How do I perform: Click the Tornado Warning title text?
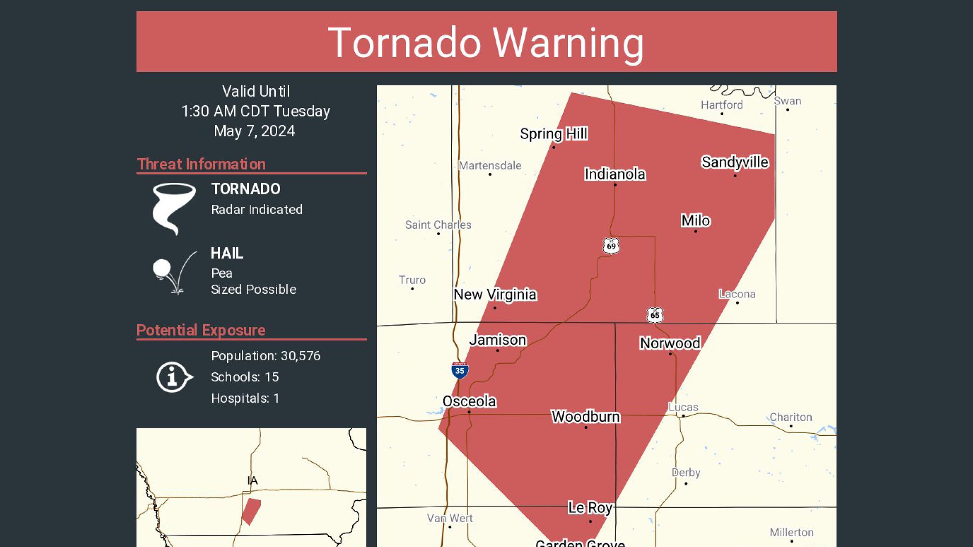(x=486, y=43)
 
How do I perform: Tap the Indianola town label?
(x=615, y=174)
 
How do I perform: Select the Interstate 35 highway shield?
(x=460, y=370)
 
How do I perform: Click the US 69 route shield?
(x=611, y=246)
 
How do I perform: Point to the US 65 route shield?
(x=655, y=315)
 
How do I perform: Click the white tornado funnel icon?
(x=173, y=208)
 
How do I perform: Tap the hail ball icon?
(x=162, y=268)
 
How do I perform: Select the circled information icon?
(x=173, y=377)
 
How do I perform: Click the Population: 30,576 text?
(x=266, y=355)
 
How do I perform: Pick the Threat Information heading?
(x=201, y=164)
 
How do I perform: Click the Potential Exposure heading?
(x=201, y=330)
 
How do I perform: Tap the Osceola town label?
(x=469, y=401)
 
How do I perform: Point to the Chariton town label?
(x=790, y=417)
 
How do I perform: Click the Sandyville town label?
(x=735, y=162)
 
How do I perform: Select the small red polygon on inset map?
(x=251, y=511)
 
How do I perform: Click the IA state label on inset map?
(x=252, y=480)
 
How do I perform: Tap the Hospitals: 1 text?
(x=245, y=398)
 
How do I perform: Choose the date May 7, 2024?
(x=254, y=131)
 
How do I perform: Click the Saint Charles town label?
(x=438, y=224)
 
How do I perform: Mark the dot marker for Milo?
(x=695, y=231)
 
